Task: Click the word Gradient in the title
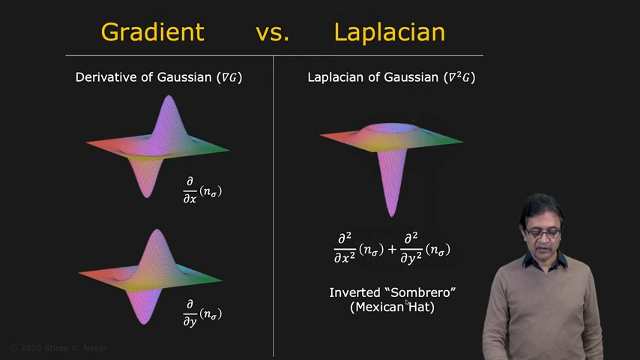[152, 32]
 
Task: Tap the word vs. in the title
[273, 33]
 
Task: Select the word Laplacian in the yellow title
[390, 32]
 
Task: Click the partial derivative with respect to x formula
[202, 190]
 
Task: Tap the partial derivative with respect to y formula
[202, 313]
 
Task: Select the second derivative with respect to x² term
[359, 248]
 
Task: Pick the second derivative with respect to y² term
[426, 248]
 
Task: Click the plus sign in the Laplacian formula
[392, 248]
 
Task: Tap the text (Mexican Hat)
[392, 307]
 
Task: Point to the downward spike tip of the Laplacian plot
[391, 215]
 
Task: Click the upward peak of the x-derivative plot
[169, 97]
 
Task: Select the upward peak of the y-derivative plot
[157, 231]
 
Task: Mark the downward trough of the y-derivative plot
[145, 322]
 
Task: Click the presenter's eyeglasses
[543, 233]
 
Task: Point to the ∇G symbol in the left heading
[229, 77]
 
